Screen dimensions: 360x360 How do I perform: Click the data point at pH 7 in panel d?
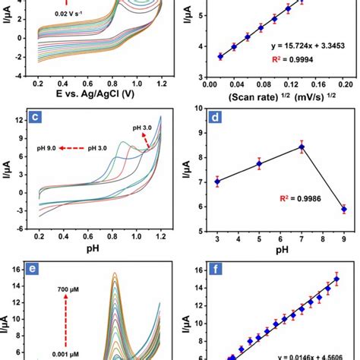[x=302, y=147]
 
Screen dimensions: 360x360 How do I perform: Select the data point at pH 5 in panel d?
[x=260, y=163]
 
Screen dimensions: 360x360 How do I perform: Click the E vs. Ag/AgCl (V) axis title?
[x=95, y=94]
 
